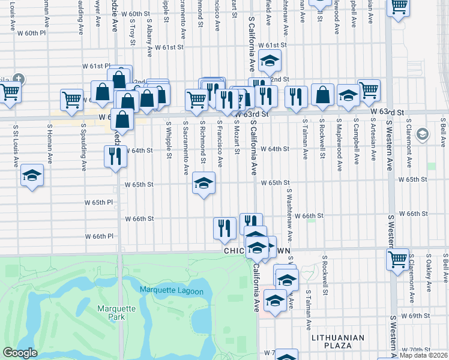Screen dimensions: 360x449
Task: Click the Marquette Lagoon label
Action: pyautogui.click(x=171, y=291)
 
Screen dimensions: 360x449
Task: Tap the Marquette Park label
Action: pyautogui.click(x=110, y=313)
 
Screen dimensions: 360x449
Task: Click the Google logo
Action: pyautogui.click(x=20, y=353)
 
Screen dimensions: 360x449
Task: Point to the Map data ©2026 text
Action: pyautogui.click(x=423, y=355)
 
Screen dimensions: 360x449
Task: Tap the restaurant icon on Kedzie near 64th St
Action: pyautogui.click(x=115, y=157)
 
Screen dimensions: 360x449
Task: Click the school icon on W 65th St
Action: pyautogui.click(x=203, y=183)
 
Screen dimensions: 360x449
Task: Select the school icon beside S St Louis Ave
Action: pyautogui.click(x=32, y=176)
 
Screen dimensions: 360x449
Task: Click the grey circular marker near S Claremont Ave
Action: pyautogui.click(x=422, y=133)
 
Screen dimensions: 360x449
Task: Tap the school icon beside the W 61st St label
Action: pyautogui.click(x=270, y=60)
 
